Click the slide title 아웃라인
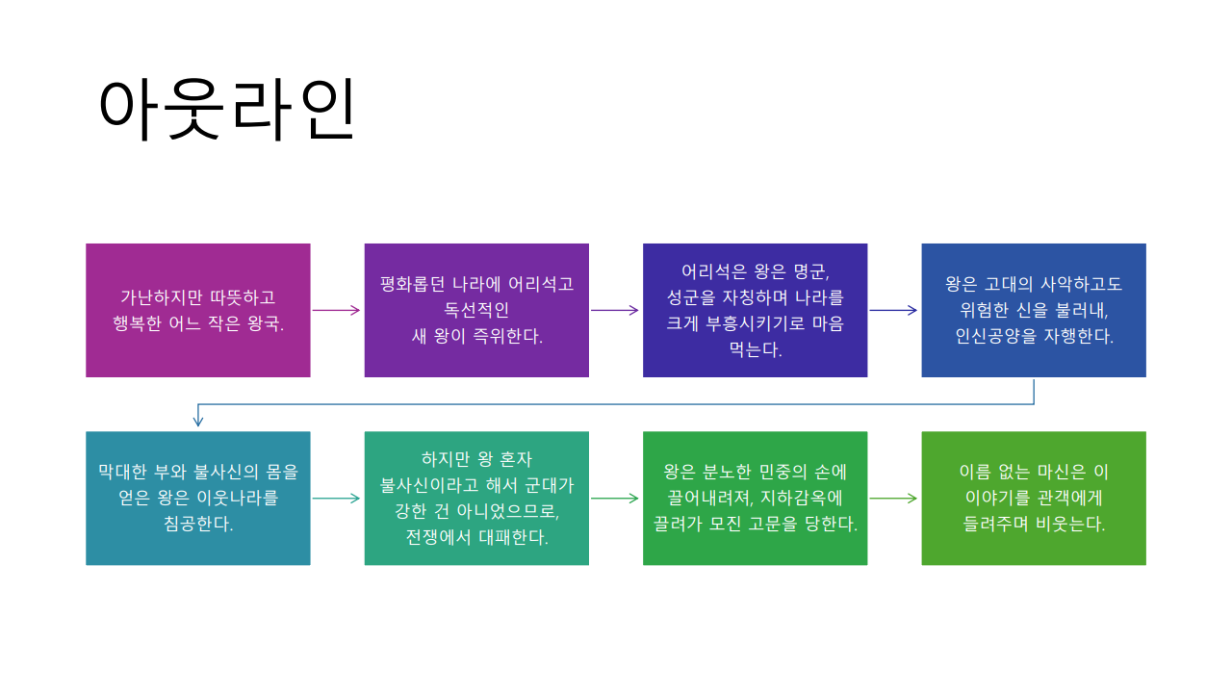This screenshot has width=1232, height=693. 227,109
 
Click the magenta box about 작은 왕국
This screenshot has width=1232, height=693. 198,310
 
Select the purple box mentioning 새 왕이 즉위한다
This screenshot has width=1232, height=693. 476,310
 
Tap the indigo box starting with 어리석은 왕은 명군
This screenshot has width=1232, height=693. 755,310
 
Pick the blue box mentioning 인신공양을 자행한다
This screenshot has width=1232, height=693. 1034,310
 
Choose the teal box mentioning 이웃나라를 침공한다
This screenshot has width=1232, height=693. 198,499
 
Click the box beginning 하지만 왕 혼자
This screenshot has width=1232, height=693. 476,499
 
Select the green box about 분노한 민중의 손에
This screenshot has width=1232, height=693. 755,499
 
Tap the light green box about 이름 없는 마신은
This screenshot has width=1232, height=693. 1034,499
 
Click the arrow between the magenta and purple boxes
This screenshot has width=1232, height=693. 337,310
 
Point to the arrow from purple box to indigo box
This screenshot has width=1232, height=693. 615,310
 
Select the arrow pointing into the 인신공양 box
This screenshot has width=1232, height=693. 894,310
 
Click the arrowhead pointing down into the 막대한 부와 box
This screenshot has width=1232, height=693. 198,421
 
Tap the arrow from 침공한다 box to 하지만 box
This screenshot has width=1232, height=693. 337,499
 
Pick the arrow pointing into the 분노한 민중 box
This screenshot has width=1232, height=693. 615,499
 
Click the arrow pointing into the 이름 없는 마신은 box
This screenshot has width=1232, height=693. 894,499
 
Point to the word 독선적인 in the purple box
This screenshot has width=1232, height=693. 476,310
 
